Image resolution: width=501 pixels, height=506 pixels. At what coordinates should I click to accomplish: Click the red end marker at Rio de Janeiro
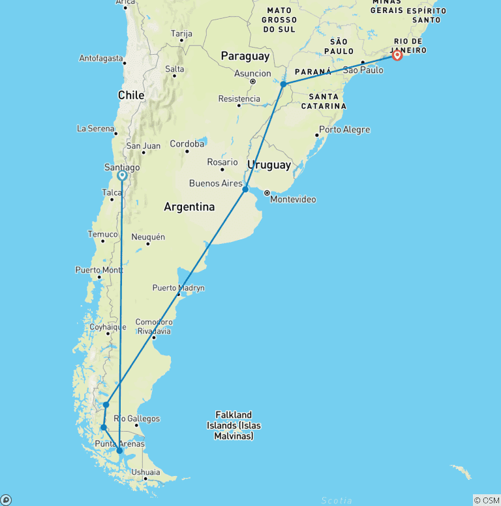[397, 55]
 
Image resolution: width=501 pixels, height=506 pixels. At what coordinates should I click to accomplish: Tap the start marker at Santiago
[121, 175]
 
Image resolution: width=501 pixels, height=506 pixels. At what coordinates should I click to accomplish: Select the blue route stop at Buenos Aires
[245, 189]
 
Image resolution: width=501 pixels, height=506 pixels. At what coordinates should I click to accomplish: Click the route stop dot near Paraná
[283, 84]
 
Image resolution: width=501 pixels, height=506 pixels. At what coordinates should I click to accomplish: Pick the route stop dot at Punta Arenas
[119, 450]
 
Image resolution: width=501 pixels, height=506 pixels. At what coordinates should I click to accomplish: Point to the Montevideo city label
[294, 199]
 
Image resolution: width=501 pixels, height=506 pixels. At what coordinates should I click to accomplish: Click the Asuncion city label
[252, 74]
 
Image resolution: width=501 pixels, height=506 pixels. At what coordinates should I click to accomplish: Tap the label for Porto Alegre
[344, 129]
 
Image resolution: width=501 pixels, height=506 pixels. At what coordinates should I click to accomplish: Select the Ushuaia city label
[145, 472]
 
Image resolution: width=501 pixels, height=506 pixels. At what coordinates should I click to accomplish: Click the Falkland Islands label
[234, 425]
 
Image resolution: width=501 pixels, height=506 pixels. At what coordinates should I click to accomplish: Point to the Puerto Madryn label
[178, 288]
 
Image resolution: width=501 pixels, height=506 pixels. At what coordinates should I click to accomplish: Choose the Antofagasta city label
[101, 58]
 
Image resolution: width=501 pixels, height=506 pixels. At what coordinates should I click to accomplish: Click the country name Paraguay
[245, 57]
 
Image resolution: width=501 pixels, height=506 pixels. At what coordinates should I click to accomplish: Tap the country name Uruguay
[269, 165]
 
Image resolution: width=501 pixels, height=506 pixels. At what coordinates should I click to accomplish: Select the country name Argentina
[189, 207]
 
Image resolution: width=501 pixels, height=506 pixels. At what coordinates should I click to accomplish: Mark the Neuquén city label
[148, 237]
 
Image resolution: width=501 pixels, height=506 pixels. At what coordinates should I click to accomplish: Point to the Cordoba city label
[187, 143]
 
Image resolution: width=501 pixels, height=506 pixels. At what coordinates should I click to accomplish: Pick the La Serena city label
[95, 128]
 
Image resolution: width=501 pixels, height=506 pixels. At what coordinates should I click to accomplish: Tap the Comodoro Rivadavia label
[153, 326]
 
